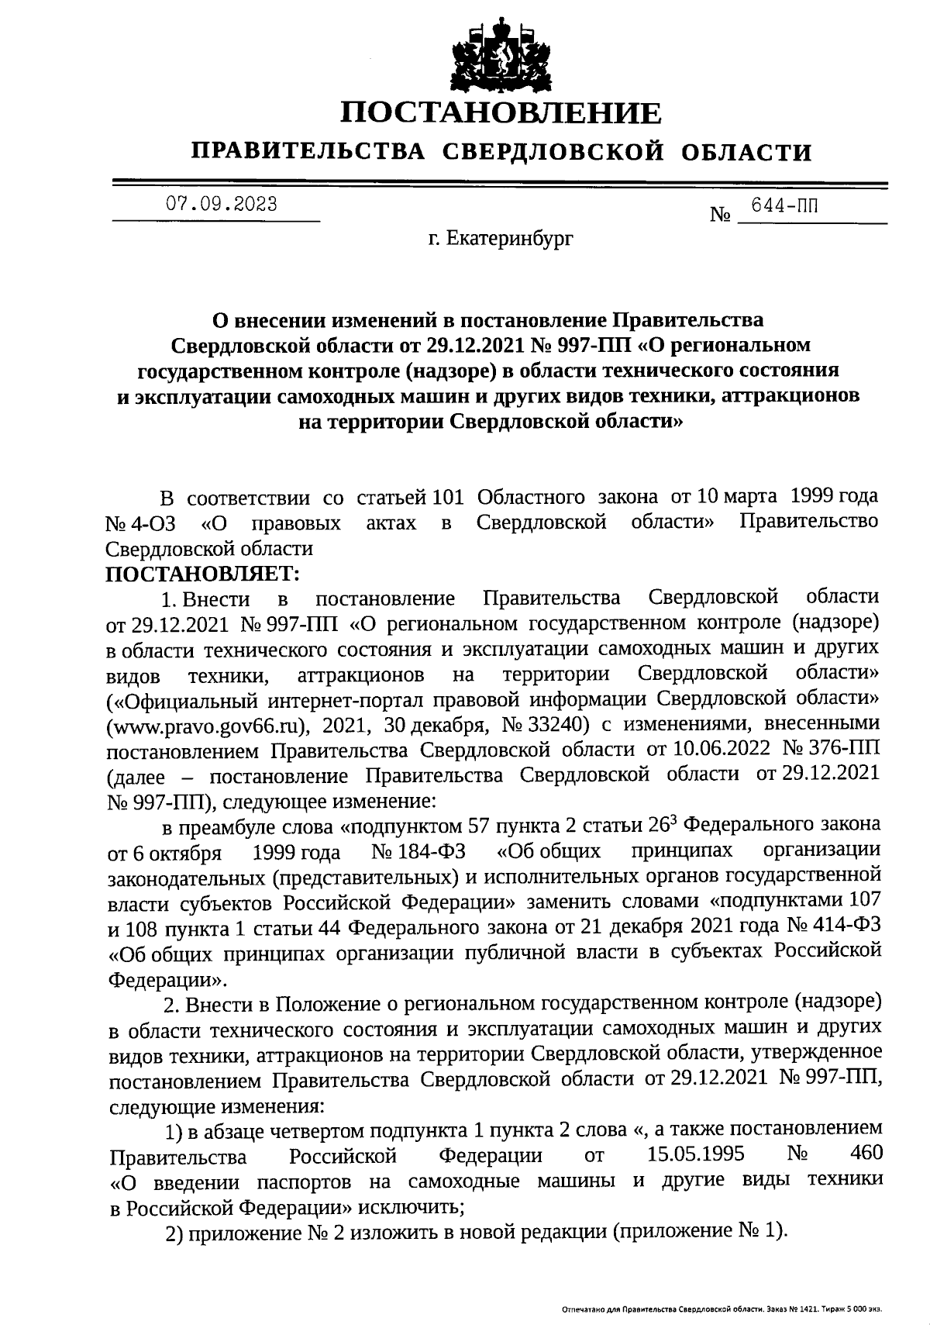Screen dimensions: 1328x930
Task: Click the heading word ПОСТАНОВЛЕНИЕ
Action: tap(501, 114)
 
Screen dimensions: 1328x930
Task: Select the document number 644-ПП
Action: tap(785, 205)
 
